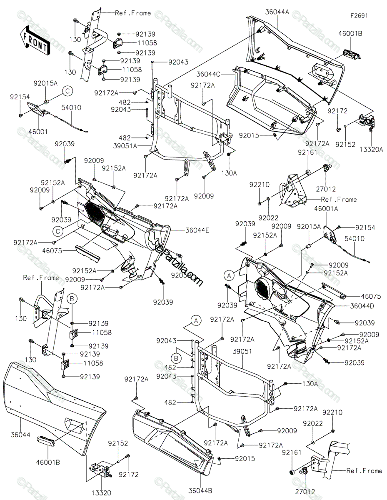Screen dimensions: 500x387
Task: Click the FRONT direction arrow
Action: pyautogui.click(x=35, y=42)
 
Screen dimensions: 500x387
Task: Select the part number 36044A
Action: pyautogui.click(x=277, y=12)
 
